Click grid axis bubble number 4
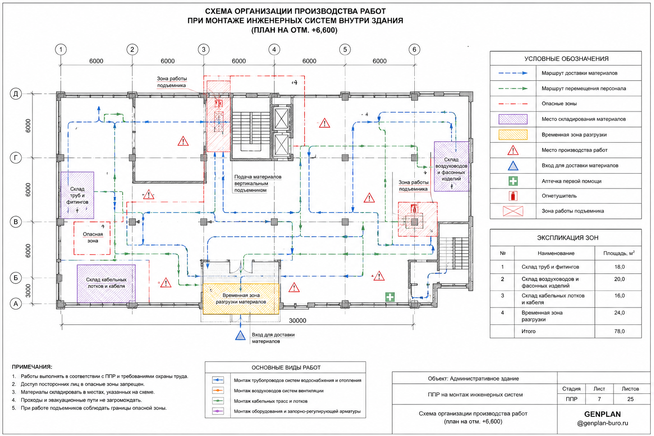click(x=274, y=50)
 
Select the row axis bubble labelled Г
click(x=16, y=158)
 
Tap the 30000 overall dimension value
click(x=298, y=321)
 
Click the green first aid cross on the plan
click(x=390, y=297)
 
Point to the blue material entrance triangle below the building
click(x=240, y=335)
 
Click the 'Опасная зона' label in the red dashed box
click(x=92, y=238)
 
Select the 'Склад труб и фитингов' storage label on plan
click(x=77, y=195)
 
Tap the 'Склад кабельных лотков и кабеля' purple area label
click(x=106, y=283)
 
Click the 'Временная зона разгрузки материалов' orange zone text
click(x=241, y=298)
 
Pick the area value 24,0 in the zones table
click(x=619, y=313)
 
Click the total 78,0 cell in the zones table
click(x=619, y=331)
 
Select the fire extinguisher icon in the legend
click(x=513, y=196)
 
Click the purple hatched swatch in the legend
click(x=513, y=119)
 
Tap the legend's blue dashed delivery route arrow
click(x=513, y=73)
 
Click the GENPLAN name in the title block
click(x=602, y=414)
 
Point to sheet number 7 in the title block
click(x=599, y=399)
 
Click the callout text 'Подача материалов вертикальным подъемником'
click(x=258, y=184)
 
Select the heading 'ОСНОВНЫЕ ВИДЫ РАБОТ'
click(x=286, y=368)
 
